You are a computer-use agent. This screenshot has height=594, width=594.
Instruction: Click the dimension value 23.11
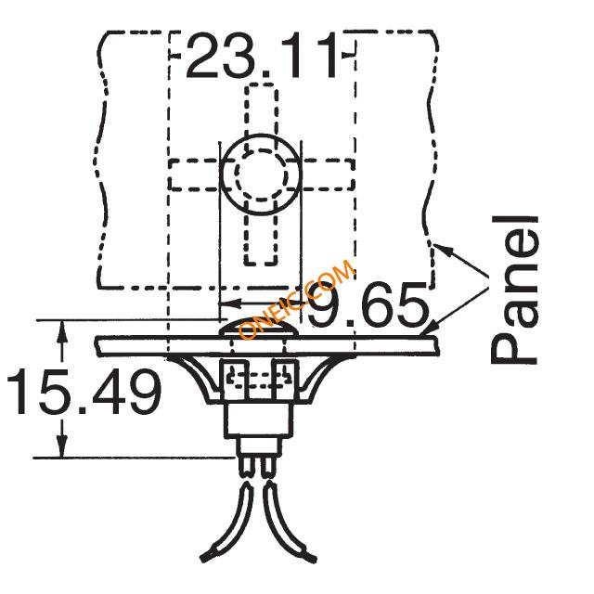261,56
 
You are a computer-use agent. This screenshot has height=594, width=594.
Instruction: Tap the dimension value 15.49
84,392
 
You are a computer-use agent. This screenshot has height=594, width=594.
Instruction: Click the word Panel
514,291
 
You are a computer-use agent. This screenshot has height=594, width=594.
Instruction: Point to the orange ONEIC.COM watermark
297,299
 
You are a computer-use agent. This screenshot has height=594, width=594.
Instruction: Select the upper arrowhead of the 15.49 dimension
62,332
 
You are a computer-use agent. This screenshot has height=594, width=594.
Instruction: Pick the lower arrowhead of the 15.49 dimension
62,446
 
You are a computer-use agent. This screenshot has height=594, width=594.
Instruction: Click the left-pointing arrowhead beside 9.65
230,303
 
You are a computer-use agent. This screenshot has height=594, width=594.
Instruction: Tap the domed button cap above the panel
260,328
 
